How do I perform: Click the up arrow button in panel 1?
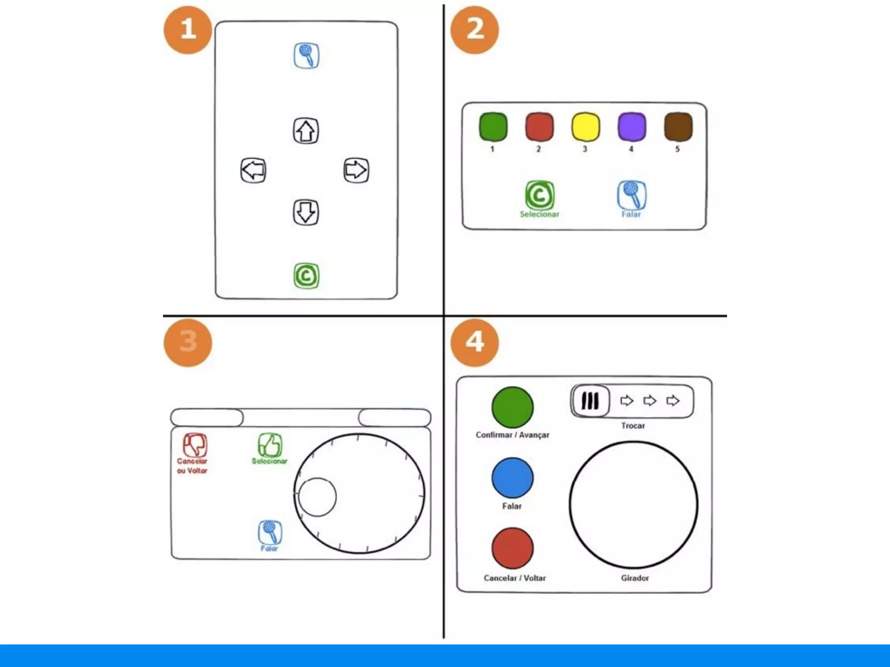click(x=306, y=131)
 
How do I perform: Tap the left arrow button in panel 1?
click(x=253, y=170)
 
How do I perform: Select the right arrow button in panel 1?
click(x=356, y=170)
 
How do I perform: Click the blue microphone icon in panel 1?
click(x=306, y=56)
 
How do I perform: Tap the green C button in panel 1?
click(x=306, y=276)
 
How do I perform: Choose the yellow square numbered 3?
click(x=585, y=127)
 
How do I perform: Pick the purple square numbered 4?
click(x=632, y=127)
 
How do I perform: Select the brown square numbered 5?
click(x=678, y=127)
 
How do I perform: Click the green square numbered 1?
click(x=493, y=127)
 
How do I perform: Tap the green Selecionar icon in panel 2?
click(x=540, y=195)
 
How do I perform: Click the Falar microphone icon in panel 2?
click(x=632, y=195)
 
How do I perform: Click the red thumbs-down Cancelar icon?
click(x=195, y=445)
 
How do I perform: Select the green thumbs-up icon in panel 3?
click(x=270, y=445)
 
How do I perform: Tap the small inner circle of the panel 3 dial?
click(x=317, y=497)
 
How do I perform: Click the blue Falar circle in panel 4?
click(x=513, y=478)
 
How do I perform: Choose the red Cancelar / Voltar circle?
click(x=513, y=548)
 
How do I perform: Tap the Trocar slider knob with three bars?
click(x=590, y=401)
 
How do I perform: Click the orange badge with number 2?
click(x=475, y=30)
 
